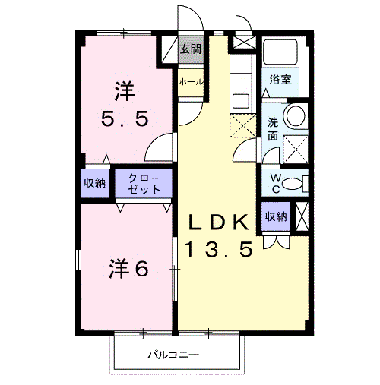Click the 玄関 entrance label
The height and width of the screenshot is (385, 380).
coord(191,49)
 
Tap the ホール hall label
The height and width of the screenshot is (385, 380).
coord(190,80)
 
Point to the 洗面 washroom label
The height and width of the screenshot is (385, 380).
coord(272,130)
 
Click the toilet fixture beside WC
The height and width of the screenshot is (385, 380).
coord(303,183)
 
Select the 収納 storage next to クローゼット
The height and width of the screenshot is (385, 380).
coord(95,182)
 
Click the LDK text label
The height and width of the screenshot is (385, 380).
coord(217,222)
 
